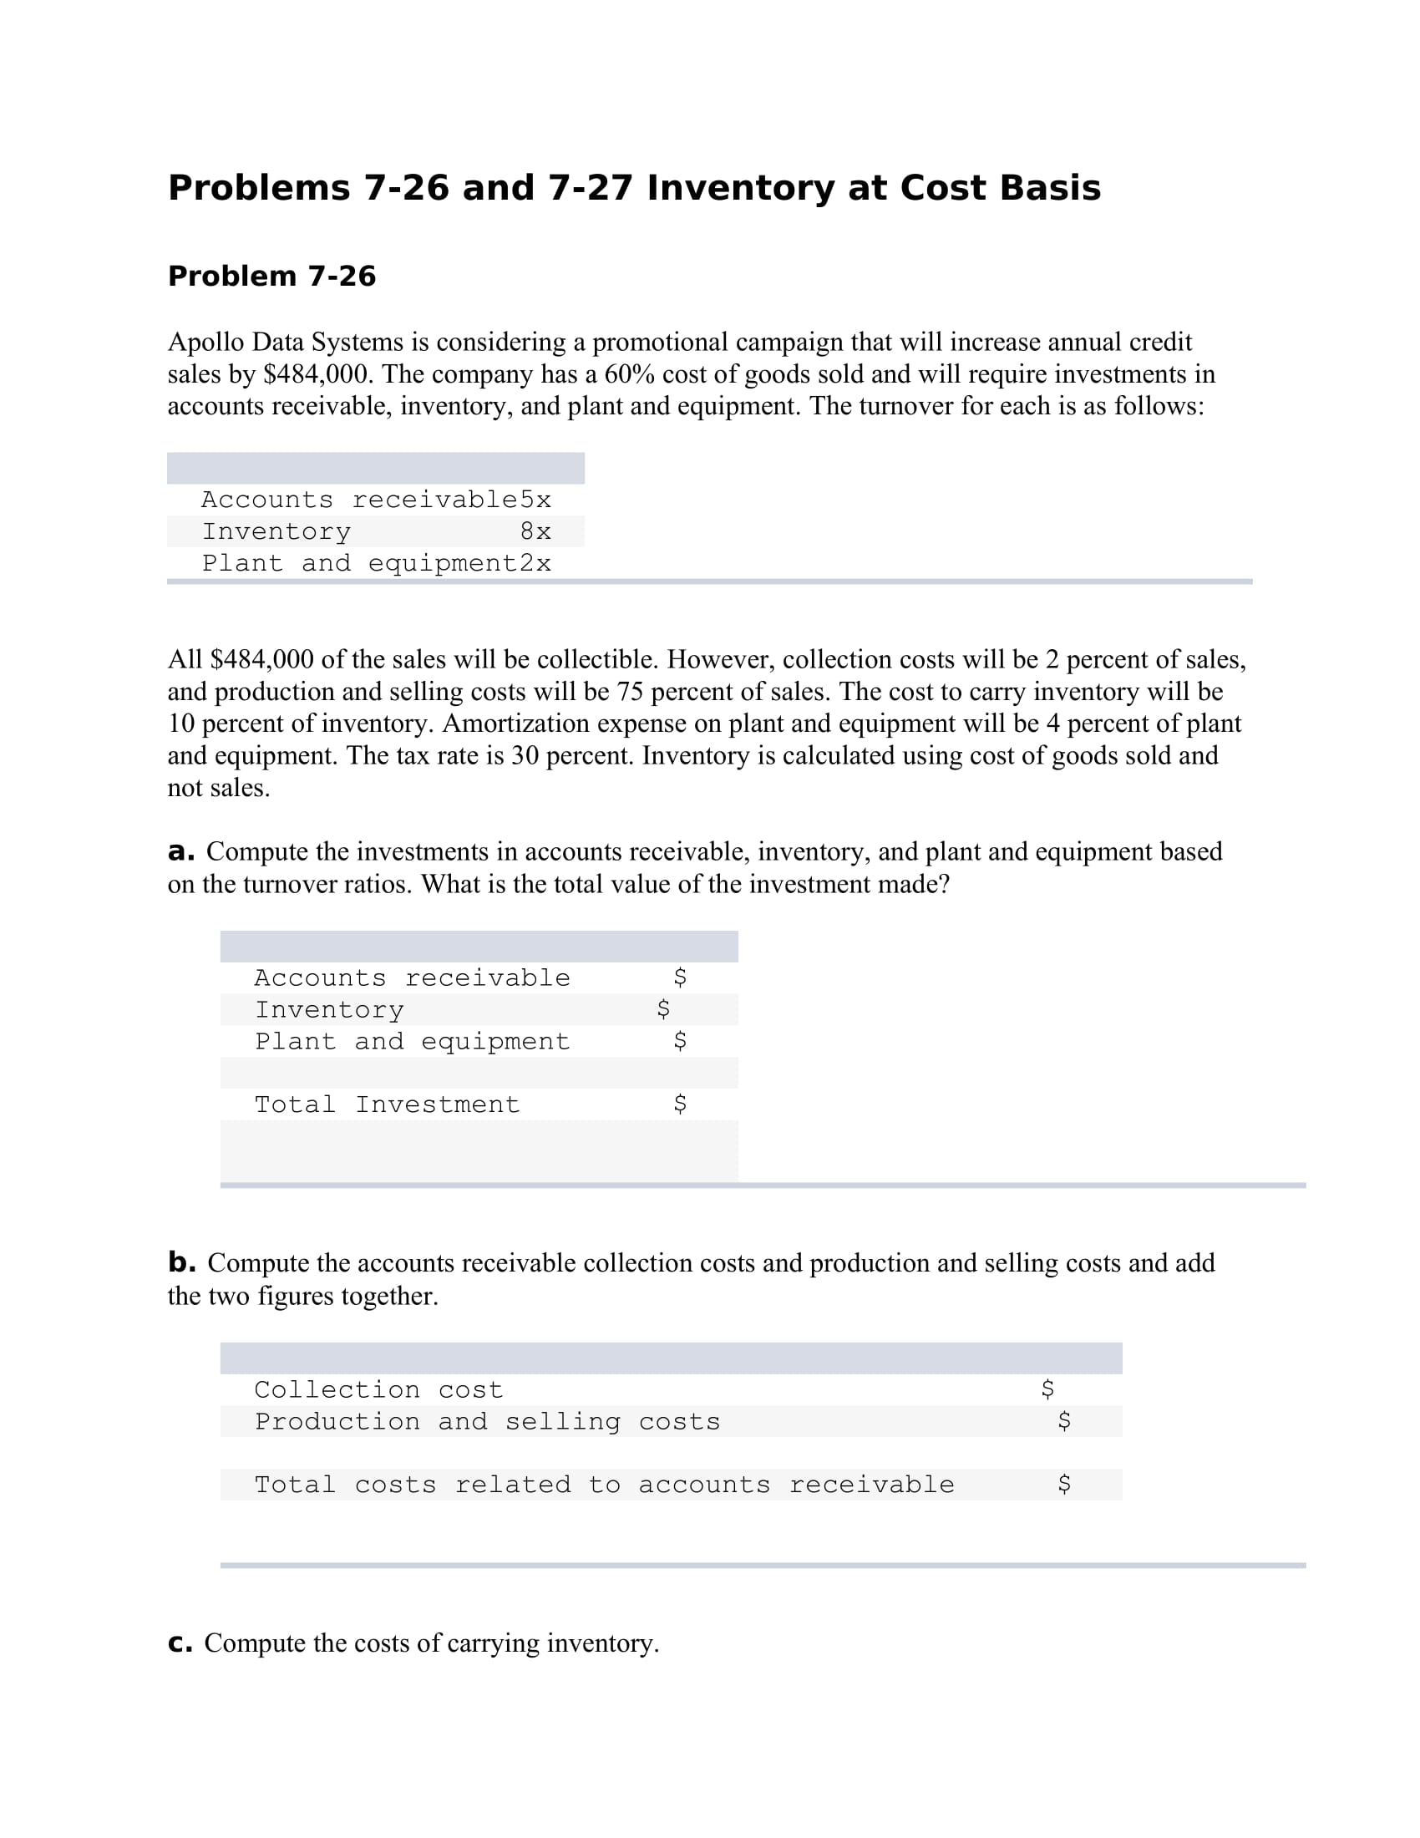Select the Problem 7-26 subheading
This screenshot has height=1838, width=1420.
271,276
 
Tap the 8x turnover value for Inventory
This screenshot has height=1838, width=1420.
535,532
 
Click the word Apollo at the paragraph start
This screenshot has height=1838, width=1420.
206,342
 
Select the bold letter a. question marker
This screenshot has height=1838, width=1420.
181,851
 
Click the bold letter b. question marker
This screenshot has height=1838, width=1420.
182,1262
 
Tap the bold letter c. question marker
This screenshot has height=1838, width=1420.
180,1643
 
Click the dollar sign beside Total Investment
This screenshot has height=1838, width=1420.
680,1104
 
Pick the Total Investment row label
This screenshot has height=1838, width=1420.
387,1104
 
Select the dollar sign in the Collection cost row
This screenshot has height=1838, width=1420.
1047,1389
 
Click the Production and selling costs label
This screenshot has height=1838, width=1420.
487,1421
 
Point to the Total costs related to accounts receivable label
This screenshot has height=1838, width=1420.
604,1485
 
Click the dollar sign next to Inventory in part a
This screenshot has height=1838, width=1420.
663,1009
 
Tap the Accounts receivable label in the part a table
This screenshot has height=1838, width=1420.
412,978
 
